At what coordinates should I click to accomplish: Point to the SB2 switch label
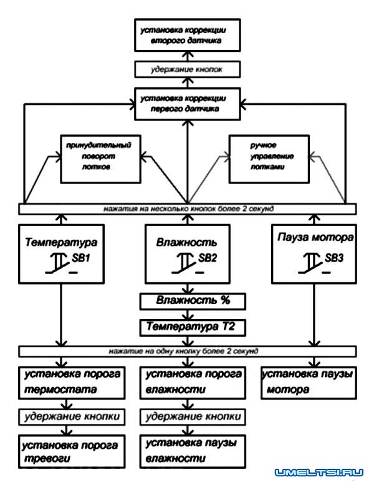208,258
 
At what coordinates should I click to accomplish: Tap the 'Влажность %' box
186,301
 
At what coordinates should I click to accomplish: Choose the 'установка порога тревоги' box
67,451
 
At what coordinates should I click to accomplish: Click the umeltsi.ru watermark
319,473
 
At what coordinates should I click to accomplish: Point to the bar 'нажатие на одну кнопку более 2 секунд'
187,351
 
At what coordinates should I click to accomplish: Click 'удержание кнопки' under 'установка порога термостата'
67,416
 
